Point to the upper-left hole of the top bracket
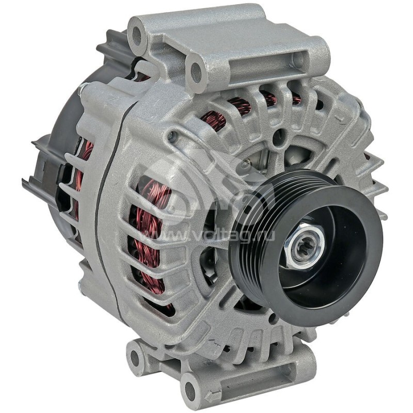pos(137,36)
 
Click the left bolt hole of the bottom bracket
pos(136,356)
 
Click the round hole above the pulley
pos(279,138)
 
